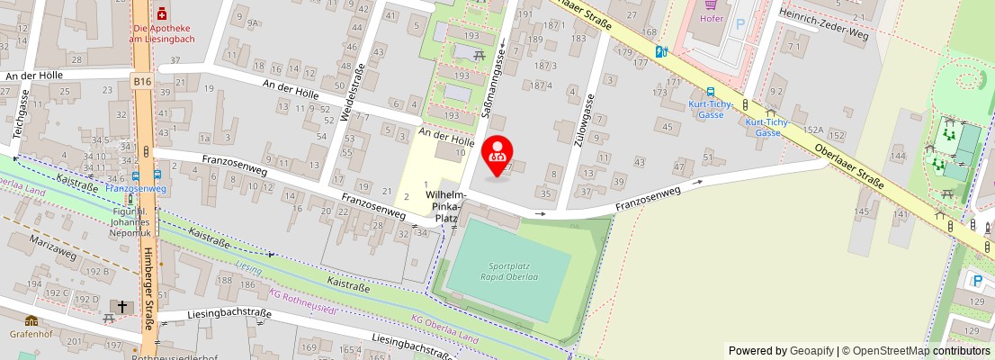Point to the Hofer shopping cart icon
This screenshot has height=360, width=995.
pos(710,4)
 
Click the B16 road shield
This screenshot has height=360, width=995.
pos(142,82)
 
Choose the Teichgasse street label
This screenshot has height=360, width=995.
pos(17,114)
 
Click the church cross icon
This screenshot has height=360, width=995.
pos(122,307)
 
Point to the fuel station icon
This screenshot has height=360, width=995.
pos(661,52)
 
